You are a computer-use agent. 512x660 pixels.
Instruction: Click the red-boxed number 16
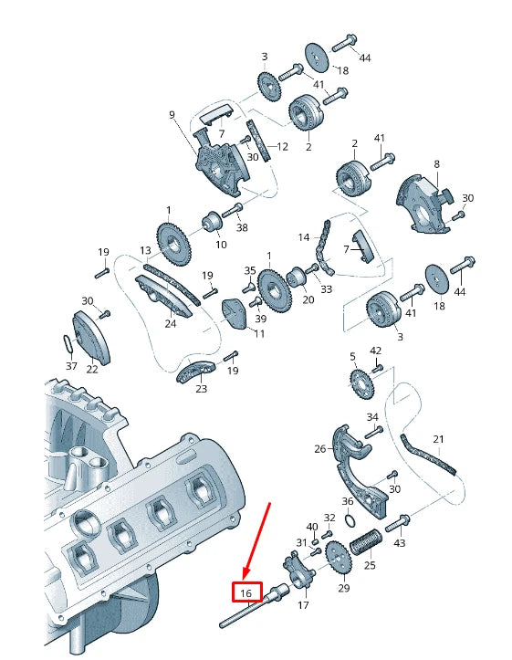[246, 593]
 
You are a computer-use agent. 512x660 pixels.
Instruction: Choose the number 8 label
[436, 164]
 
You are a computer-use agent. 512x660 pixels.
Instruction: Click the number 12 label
[282, 146]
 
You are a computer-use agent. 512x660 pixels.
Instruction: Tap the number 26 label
[319, 448]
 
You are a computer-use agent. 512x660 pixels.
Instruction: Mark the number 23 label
[201, 389]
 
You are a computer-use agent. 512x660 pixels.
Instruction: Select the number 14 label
[304, 237]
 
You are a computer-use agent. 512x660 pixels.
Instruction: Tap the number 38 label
[242, 228]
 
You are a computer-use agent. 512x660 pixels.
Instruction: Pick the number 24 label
[170, 323]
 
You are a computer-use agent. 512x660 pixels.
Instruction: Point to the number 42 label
[376, 351]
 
